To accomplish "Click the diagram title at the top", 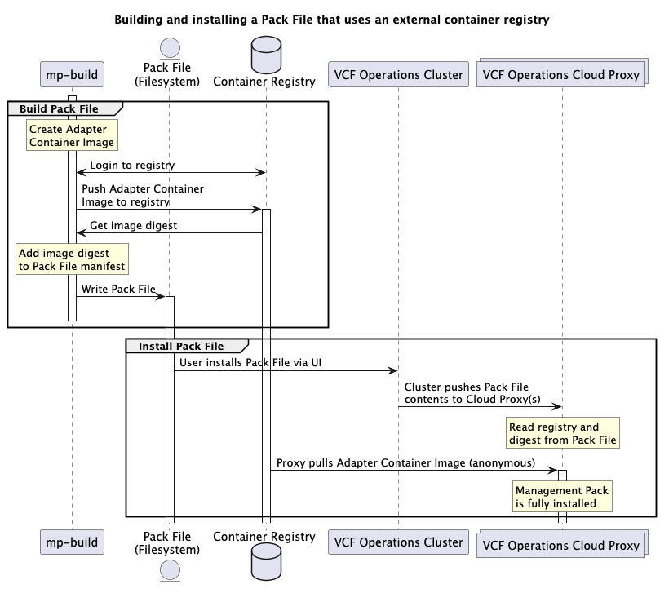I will pyautogui.click(x=330, y=19).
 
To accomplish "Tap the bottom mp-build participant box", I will pyautogui.click(x=72, y=542).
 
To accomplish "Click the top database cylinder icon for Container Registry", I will pyautogui.click(x=264, y=52).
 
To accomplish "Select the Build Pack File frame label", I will pyautogui.click(x=60, y=108).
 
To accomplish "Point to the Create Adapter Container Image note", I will pyautogui.click(x=72, y=135).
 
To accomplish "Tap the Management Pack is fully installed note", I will pyautogui.click(x=561, y=497).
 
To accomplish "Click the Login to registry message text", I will pyautogui.click(x=132, y=165).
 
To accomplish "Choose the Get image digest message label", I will pyautogui.click(x=133, y=225).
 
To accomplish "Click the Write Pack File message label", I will pyautogui.click(x=118, y=289).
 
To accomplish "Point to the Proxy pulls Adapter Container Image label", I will pyautogui.click(x=405, y=462).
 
